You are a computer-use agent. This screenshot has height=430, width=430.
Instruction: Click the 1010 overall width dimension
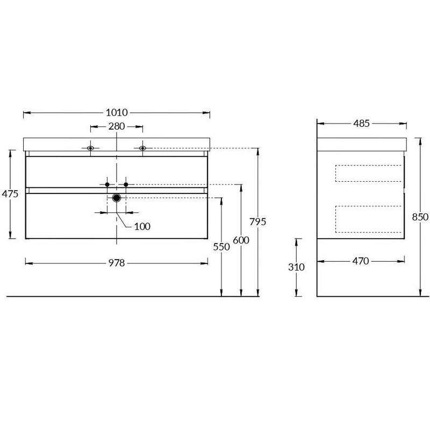[x=117, y=112]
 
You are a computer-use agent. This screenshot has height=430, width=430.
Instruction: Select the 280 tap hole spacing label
[x=117, y=126]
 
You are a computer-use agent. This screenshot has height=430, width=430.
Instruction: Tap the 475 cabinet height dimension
[x=10, y=194]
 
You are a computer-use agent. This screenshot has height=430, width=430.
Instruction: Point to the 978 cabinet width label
[x=117, y=263]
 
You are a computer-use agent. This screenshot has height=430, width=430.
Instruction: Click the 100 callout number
[x=142, y=226]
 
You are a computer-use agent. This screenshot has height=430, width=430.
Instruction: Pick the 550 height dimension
[x=221, y=247]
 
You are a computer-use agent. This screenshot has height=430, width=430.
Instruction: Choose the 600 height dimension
[x=241, y=240]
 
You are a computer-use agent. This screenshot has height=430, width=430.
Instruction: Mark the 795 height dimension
[x=258, y=221]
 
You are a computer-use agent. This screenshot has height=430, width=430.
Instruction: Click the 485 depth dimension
[x=361, y=124]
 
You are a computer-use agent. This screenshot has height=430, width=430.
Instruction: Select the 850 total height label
[x=420, y=217]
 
